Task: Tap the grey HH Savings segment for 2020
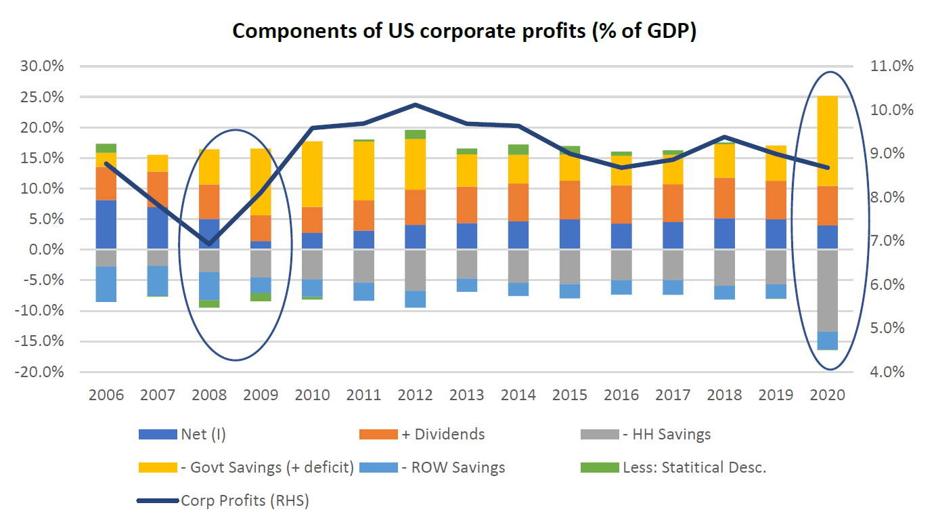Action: [828, 290]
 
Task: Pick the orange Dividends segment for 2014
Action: [518, 202]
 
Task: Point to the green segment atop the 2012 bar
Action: [416, 134]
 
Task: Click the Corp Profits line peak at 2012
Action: [416, 105]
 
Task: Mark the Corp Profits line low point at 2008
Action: [209, 244]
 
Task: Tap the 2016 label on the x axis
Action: [621, 395]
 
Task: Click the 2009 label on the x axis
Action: [261, 395]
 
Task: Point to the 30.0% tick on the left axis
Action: [43, 66]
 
